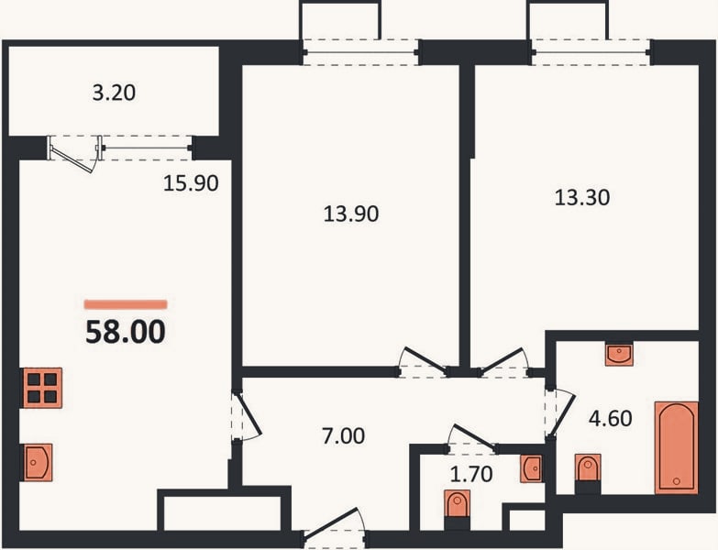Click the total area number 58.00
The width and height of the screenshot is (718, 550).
(126, 332)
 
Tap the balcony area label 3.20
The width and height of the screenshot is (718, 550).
(114, 93)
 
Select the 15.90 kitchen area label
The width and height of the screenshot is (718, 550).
(191, 183)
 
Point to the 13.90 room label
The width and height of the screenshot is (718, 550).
(351, 214)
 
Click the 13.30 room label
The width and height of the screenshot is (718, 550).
(582, 198)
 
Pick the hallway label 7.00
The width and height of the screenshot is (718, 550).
(344, 435)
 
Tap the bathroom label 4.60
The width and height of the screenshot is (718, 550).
(611, 418)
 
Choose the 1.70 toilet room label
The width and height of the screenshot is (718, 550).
(471, 474)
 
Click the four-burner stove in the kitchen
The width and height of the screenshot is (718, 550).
(42, 388)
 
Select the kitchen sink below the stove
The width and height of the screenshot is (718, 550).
(38, 462)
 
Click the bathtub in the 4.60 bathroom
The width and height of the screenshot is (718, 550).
(677, 447)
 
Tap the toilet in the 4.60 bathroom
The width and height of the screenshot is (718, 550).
(588, 473)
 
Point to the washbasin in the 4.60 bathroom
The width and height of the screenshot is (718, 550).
(619, 355)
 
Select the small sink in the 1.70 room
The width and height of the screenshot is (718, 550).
(532, 468)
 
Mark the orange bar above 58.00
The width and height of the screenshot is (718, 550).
(126, 304)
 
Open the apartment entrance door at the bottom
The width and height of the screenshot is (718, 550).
(335, 526)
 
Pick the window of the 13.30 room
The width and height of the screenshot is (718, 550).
(591, 52)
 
